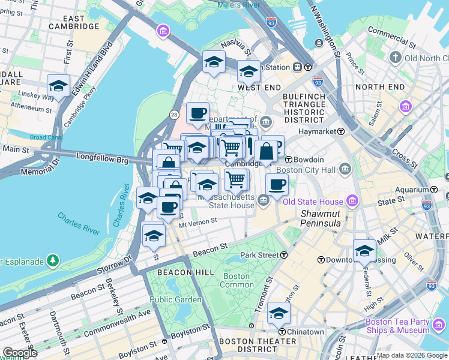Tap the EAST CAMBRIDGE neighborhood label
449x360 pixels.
coord(82,23)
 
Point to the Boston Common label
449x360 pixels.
coord(237,280)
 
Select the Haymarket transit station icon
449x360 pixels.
coord(340,131)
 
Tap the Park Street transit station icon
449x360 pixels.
coord(283,255)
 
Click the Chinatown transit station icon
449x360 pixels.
coord(281,332)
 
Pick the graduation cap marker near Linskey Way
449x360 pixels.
coord(58,86)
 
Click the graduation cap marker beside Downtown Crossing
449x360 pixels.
coord(364,251)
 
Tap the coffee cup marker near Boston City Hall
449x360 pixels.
coord(277,185)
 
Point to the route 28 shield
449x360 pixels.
coord(173,114)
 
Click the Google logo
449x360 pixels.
coord(19,353)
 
